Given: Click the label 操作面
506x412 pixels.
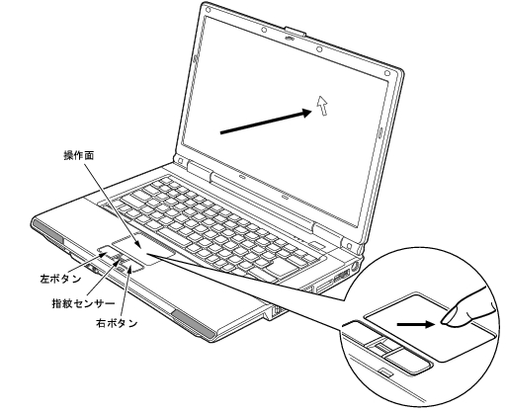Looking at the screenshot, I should pyautogui.click(x=79, y=156).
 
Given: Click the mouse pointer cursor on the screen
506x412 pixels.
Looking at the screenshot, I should pyautogui.click(x=321, y=104).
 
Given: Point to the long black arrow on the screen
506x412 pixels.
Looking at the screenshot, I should pyautogui.click(x=262, y=121).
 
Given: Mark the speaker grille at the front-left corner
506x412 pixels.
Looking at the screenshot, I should pyautogui.click(x=46, y=243).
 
